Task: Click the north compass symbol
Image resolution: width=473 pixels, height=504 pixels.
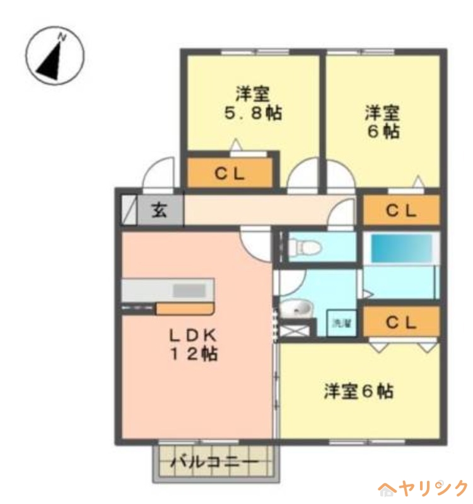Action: (55, 55)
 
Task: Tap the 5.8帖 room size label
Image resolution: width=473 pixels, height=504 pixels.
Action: (254, 113)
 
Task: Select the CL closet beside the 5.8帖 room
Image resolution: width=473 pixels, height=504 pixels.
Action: (230, 173)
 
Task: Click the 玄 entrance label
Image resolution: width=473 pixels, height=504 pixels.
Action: (160, 210)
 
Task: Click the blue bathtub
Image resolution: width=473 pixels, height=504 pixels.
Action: (402, 248)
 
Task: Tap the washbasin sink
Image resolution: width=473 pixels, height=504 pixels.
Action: (296, 309)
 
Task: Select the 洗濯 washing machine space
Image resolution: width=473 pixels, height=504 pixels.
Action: (341, 323)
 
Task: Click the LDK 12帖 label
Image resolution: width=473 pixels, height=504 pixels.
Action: (194, 345)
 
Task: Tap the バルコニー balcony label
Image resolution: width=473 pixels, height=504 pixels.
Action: (214, 462)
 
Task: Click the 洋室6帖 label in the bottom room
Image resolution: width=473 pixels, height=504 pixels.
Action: (358, 391)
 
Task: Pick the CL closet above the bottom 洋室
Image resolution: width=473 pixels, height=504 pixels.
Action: (401, 322)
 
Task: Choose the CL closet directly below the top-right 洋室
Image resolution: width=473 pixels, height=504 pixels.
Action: (401, 210)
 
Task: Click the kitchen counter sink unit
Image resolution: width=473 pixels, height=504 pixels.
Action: (168, 290)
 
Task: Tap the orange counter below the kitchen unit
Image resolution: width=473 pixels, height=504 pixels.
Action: (185, 309)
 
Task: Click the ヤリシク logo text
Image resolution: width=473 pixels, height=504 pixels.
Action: (432, 489)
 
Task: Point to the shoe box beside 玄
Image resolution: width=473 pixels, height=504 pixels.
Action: (129, 210)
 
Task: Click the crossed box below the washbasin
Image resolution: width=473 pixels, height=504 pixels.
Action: (295, 330)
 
